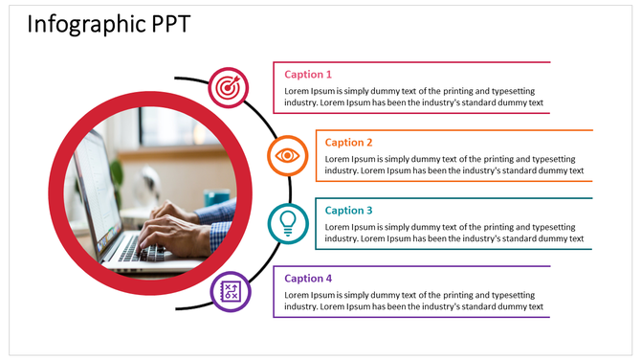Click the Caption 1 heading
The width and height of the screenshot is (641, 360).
(x=308, y=74)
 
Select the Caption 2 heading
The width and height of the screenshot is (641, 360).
(x=348, y=142)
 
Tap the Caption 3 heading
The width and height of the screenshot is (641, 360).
(x=348, y=210)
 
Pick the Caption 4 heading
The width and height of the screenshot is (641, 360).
(x=308, y=279)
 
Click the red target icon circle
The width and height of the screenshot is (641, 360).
(x=228, y=87)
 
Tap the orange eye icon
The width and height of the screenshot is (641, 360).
(x=285, y=155)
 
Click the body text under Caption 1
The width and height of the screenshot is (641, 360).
(x=413, y=96)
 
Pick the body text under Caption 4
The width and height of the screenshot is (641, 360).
(x=413, y=301)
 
